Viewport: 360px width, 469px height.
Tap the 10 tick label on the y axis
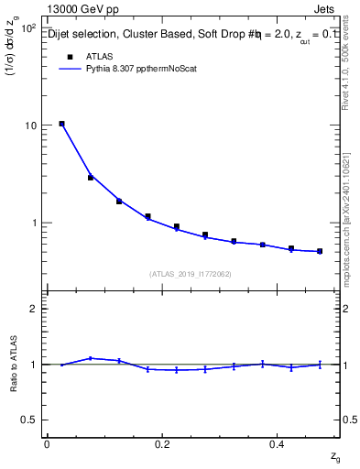[29, 125]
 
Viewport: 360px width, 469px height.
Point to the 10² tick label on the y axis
[27, 28]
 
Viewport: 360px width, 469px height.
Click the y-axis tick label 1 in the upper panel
[33, 223]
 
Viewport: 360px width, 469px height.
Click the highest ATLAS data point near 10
[61, 124]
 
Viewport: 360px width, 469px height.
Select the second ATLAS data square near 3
[91, 178]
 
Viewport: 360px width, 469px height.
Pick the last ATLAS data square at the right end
[320, 251]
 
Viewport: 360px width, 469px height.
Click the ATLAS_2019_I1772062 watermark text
[191, 273]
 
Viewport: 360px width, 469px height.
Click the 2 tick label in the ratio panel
[33, 310]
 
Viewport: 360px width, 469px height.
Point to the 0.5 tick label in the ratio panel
[29, 420]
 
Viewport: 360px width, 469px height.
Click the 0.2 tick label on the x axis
[163, 443]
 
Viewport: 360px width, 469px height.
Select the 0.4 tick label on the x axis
[280, 443]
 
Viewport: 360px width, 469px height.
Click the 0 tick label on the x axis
[47, 443]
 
